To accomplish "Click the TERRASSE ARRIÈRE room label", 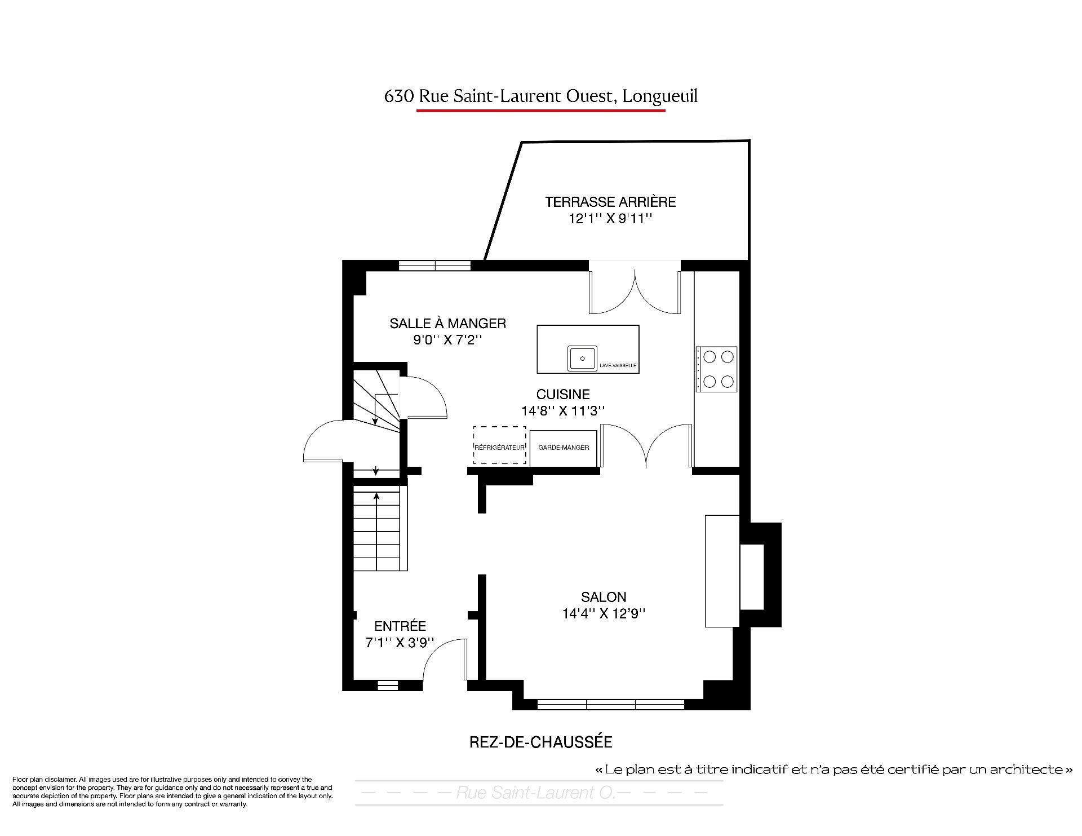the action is pyautogui.click(x=610, y=202).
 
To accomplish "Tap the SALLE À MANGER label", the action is pyautogui.click(x=448, y=324).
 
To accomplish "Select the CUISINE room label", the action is pyautogui.click(x=563, y=395).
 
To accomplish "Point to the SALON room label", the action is pyautogui.click(x=604, y=597).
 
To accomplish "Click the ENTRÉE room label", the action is pyautogui.click(x=400, y=626).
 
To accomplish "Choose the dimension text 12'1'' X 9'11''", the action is pyautogui.click(x=610, y=219).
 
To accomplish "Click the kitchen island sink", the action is pyautogui.click(x=582, y=359).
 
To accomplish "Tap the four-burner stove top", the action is pyautogui.click(x=716, y=369).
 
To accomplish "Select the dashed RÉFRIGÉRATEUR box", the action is pyautogui.click(x=499, y=445).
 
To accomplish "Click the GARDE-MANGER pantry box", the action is pyautogui.click(x=564, y=448).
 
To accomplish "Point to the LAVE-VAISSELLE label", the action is pyautogui.click(x=618, y=365).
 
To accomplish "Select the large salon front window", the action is pyautogui.click(x=611, y=704).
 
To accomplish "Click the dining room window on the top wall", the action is pyautogui.click(x=434, y=266).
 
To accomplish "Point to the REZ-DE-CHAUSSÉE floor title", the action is pyautogui.click(x=541, y=742).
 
